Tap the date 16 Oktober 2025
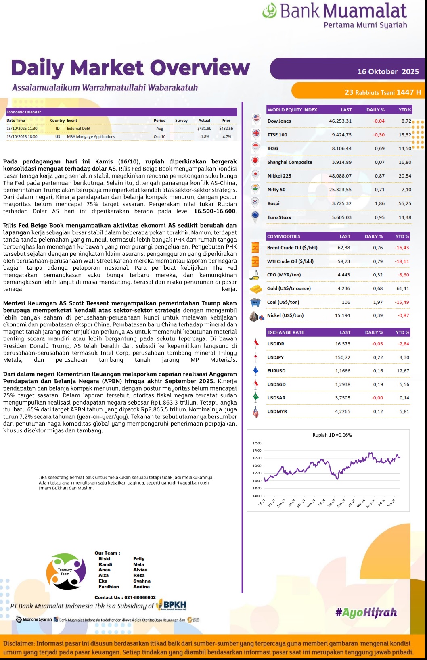coord(388,71)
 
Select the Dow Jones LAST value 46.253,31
coord(340,121)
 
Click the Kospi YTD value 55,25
coord(405,203)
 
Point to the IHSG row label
coord(273,148)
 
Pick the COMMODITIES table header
coord(284,236)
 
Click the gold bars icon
coord(255,288)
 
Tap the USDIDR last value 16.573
coord(342,344)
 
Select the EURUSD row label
coord(276,371)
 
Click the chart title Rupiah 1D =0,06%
coord(332,435)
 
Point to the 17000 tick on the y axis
coord(257,451)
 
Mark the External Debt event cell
coord(79,129)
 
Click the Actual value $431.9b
coord(204,129)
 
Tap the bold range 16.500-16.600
coord(214,211)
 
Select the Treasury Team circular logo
coord(66,572)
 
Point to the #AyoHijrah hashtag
coord(366,613)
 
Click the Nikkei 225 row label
coord(279,176)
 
